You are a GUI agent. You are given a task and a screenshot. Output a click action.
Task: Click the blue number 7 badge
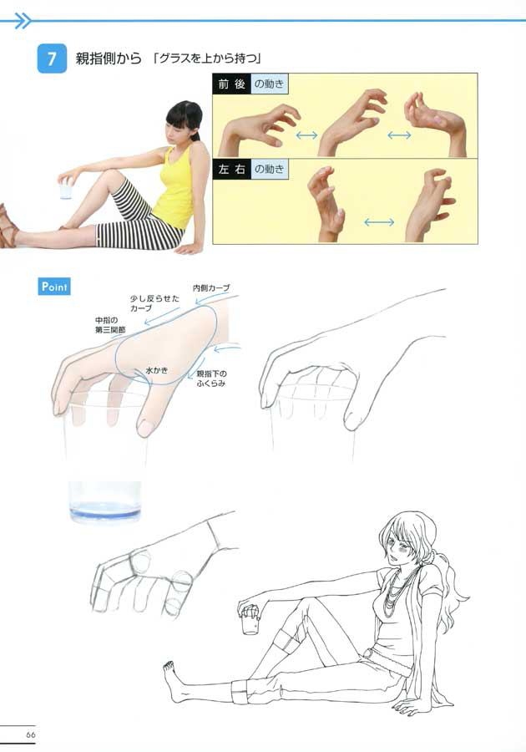[x=52, y=58]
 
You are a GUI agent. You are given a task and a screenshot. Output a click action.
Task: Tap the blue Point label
[x=54, y=287]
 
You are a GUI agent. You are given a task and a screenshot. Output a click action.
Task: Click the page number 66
[x=31, y=734]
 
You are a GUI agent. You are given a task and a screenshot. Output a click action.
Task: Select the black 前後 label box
[x=232, y=84]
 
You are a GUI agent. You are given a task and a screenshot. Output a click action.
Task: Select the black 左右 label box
[x=232, y=169]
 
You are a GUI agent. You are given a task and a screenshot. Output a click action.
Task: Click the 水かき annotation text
[x=157, y=370]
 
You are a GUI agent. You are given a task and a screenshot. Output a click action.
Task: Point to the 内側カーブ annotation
[x=211, y=287]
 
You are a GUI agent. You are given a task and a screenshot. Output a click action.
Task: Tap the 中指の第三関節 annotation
[x=110, y=325]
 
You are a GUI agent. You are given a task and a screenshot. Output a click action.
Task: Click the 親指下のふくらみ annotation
[x=211, y=379]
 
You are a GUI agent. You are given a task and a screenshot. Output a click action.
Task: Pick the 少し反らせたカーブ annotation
[x=154, y=303]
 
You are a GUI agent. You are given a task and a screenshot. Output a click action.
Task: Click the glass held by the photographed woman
[x=66, y=191]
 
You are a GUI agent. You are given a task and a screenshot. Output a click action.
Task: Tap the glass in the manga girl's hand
[x=250, y=622]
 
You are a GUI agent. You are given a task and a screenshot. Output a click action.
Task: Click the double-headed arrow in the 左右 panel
[x=379, y=222]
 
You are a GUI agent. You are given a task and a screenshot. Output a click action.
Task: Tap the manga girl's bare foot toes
[x=169, y=666]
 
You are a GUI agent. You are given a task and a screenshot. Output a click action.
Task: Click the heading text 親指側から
[x=109, y=58]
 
